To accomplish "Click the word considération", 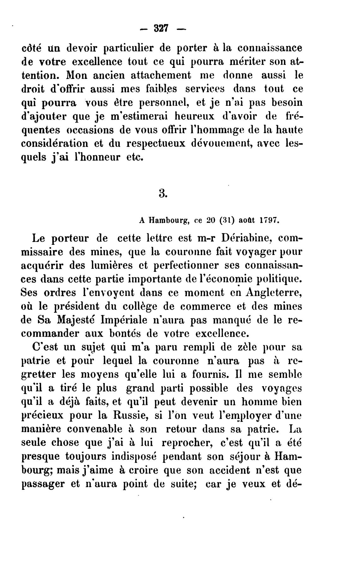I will [54, 143].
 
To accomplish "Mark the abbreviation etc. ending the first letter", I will [135, 157].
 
